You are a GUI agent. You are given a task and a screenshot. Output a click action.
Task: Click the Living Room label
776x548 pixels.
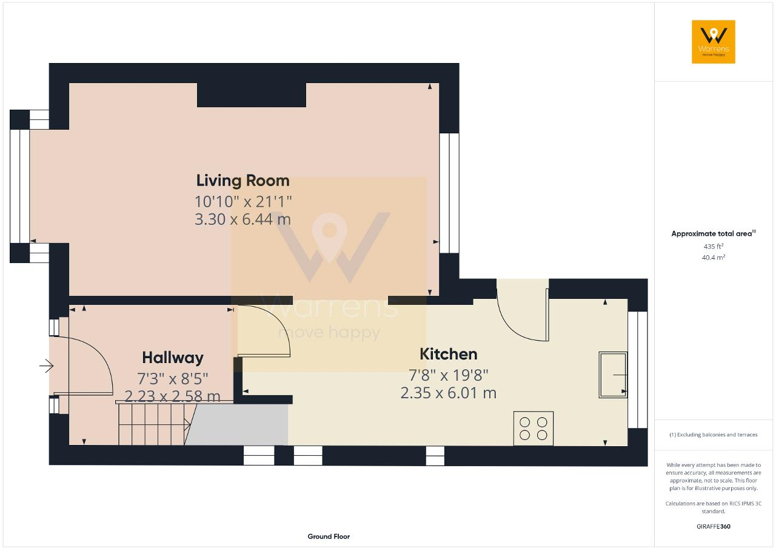point(242,181)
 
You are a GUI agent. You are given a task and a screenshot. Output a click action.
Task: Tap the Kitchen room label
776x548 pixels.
point(448,354)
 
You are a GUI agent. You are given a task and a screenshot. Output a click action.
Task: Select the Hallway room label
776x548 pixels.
point(173,358)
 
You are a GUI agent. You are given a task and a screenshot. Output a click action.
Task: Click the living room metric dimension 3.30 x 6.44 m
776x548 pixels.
point(242,219)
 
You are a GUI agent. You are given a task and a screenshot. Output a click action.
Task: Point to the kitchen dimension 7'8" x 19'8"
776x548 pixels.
point(448,375)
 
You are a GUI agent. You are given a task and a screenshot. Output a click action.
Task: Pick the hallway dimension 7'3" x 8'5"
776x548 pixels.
point(173,378)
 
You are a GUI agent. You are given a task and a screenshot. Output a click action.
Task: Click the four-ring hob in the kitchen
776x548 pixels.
point(533,429)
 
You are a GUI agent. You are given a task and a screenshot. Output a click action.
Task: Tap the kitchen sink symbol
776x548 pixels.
point(613,375)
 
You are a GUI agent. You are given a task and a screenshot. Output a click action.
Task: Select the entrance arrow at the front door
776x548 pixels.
point(46,366)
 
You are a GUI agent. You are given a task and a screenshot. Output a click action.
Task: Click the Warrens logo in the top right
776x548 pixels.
point(713,42)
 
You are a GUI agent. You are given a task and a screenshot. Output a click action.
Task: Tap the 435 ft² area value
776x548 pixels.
point(713,246)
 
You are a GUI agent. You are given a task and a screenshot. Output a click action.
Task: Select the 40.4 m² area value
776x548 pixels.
point(713,257)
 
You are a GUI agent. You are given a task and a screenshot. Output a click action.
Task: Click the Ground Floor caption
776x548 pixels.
point(329,536)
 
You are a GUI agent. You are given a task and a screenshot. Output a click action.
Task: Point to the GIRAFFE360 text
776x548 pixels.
point(713,526)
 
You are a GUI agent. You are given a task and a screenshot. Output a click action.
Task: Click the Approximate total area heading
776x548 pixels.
point(713,233)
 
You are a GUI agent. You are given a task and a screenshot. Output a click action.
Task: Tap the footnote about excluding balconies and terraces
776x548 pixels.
point(713,435)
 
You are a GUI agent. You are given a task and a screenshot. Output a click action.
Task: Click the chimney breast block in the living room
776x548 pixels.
point(251,95)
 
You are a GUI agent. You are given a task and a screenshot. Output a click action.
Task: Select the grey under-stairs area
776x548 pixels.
point(239,425)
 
